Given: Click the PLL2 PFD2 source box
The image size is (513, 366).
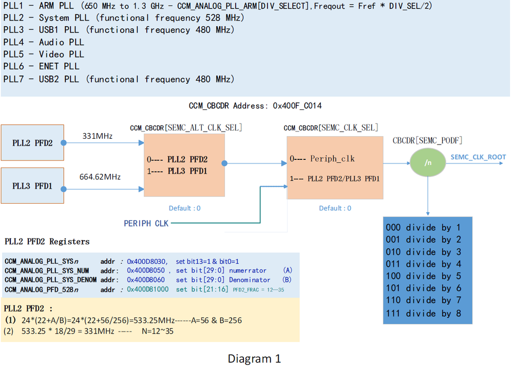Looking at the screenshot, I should tap(32, 143).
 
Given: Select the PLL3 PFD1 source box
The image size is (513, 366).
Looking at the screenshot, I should tap(32, 186).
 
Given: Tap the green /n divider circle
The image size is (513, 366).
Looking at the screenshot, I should tap(427, 163).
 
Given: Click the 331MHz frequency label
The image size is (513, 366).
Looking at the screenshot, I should tap(98, 136).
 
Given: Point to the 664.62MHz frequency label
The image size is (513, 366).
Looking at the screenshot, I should tap(100, 177).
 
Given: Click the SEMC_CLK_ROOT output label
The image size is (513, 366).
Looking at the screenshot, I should tap(478, 157).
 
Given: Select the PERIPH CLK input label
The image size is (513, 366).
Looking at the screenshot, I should tap(146, 223).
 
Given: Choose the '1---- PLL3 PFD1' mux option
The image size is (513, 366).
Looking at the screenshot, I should tap(177, 171).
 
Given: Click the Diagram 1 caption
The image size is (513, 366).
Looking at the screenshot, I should tap(254, 358).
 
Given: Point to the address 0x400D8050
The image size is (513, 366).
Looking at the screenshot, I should tap(146, 270).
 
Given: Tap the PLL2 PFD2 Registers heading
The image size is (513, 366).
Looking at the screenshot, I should tap(47, 241).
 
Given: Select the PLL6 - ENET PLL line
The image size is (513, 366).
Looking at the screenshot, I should tap(41, 66).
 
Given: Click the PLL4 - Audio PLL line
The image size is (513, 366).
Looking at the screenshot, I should tap(43, 42).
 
